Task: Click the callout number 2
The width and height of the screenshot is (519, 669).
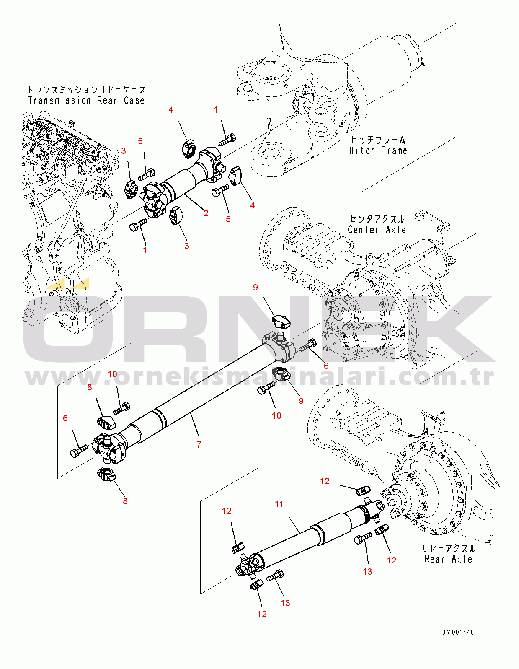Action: [206, 213]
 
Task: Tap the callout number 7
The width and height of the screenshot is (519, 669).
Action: [199, 444]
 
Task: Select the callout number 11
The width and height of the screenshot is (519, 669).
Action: [279, 504]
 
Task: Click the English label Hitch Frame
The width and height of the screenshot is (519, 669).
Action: [378, 151]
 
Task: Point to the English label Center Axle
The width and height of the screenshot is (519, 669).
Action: [377, 230]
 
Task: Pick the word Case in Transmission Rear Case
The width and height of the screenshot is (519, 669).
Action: [134, 101]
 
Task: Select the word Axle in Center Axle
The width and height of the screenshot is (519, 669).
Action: [396, 230]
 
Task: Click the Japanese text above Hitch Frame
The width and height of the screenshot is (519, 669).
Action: [378, 140]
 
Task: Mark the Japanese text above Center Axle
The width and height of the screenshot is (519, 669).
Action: [377, 219]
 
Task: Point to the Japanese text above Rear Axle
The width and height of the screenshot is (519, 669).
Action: [448, 549]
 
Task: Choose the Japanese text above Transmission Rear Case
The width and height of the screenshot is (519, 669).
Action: [87, 90]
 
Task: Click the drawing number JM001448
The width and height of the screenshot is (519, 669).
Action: [458, 632]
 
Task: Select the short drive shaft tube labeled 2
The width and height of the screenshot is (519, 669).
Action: [184, 180]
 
